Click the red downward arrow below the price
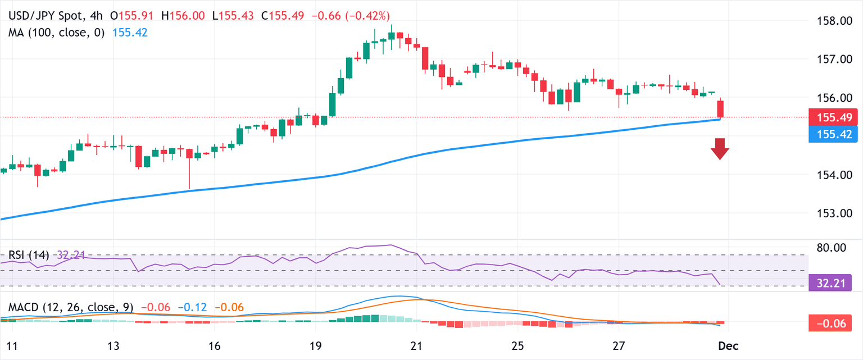click(x=720, y=149)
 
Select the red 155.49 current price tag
click(x=833, y=117)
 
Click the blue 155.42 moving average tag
click(x=833, y=134)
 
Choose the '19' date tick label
click(x=315, y=345)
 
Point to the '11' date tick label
click(x=12, y=345)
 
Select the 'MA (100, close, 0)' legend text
click(x=56, y=33)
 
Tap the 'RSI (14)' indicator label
click(x=28, y=255)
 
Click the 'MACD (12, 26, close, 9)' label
click(x=71, y=307)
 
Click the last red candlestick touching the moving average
click(x=720, y=109)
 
